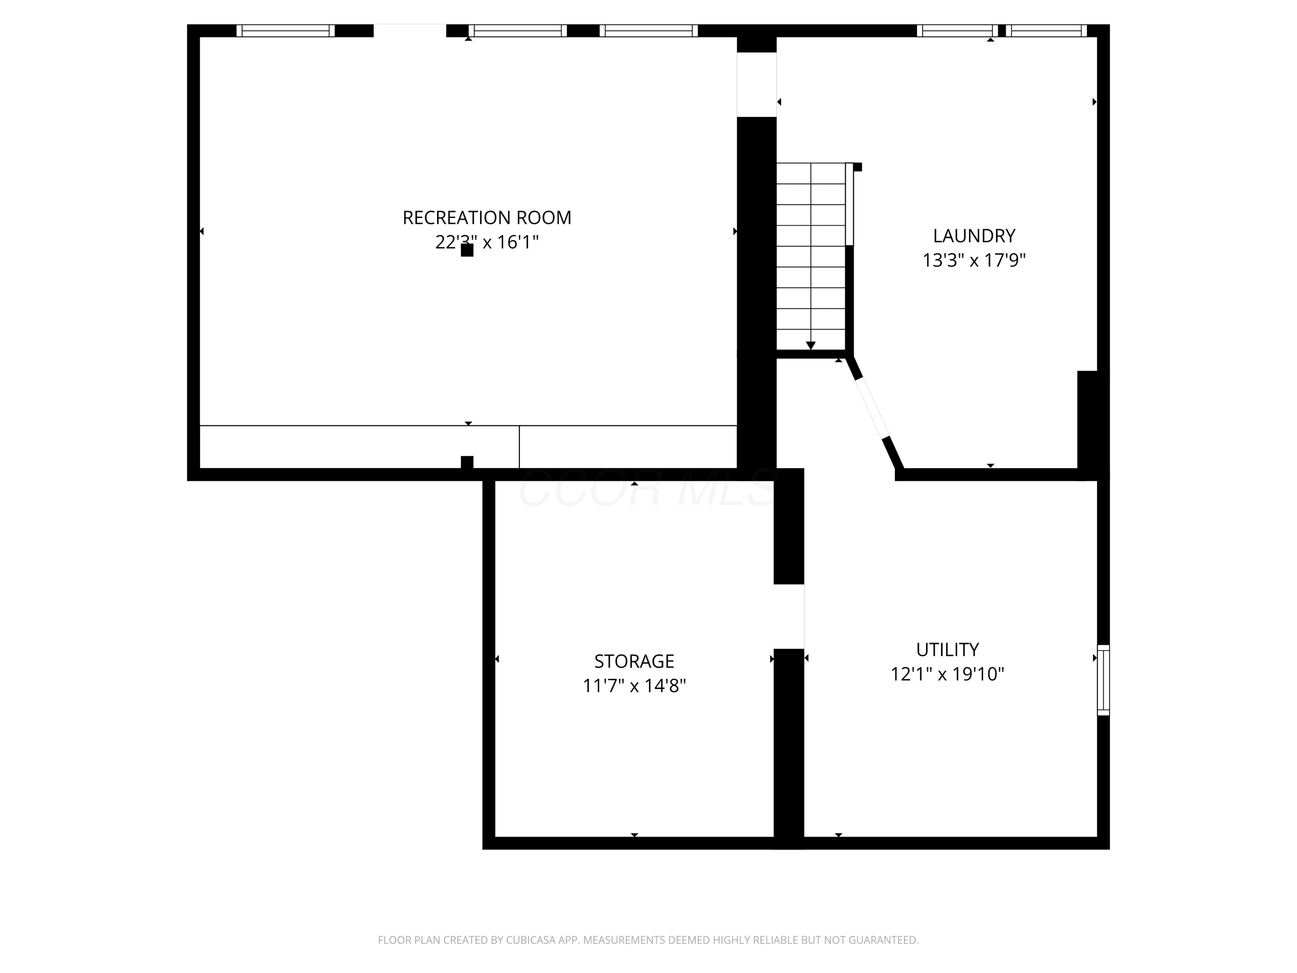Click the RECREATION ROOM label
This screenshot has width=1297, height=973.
487,218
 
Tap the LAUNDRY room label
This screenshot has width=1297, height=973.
974,236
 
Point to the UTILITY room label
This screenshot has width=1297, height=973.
948,650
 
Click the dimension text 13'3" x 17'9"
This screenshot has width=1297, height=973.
974,260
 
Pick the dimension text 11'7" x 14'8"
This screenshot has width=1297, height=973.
634,685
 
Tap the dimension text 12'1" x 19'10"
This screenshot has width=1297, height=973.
948,674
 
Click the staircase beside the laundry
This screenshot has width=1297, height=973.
811,256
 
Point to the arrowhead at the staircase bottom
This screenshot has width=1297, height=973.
811,346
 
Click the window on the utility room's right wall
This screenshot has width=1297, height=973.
1103,680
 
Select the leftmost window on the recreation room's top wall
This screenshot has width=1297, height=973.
285,31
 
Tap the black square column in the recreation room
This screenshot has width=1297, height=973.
467,250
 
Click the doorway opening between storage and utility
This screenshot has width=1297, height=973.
789,616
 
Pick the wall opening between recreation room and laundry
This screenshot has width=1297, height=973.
757,84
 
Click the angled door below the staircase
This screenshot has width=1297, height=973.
873,408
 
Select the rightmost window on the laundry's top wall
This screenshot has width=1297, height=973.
1047,31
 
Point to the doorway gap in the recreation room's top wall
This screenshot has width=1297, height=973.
410,31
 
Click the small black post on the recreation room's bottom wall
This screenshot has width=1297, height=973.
467,462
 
